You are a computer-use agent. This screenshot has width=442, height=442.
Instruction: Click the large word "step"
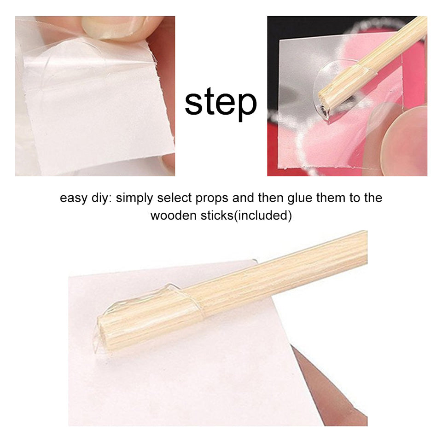[x=221, y=102]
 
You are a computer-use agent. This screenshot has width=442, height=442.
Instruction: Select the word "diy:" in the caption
[x=101, y=198]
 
